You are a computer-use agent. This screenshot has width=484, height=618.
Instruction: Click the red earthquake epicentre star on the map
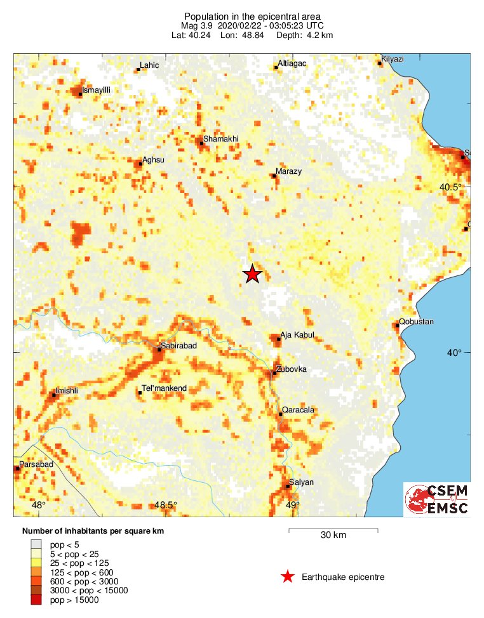click(252, 274)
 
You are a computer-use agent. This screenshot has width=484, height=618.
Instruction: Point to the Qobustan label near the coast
click(417, 322)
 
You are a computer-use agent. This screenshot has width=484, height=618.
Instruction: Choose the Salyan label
click(301, 482)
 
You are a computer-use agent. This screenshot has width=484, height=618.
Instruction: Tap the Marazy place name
click(288, 171)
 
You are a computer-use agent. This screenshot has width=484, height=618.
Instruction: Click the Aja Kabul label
click(297, 335)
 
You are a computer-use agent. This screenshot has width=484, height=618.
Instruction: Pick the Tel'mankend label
click(164, 388)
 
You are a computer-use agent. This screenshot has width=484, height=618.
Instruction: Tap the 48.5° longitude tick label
click(166, 505)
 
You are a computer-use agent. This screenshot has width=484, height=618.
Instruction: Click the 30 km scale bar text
click(333, 535)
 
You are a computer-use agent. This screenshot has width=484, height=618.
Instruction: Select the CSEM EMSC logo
click(437, 499)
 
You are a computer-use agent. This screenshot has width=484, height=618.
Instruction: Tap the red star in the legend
click(288, 577)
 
